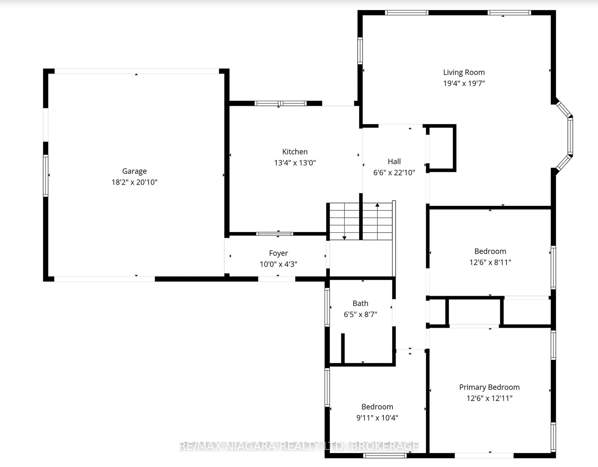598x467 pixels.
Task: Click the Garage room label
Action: tap(134, 171)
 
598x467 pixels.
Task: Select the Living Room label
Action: tap(464, 72)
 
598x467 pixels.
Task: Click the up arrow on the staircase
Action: tap(377, 205)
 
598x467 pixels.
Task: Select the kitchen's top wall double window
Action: tap(280, 103)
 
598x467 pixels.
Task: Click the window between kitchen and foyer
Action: tap(275, 234)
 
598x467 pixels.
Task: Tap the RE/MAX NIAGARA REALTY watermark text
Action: tap(298, 446)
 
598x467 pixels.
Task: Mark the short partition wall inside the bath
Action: tap(343, 348)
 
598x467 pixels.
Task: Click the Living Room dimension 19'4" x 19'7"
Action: tap(464, 83)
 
